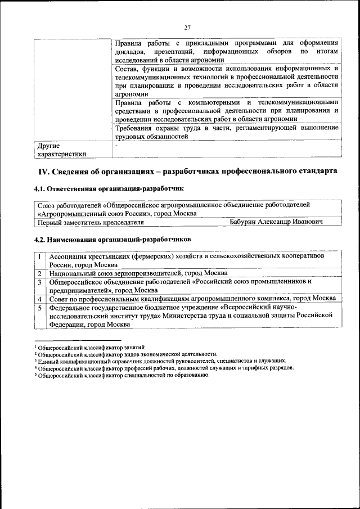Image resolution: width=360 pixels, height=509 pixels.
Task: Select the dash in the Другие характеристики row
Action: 116,145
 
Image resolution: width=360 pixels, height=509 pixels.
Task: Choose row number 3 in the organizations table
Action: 40,281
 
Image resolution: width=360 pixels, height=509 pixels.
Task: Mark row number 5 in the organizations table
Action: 40,308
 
